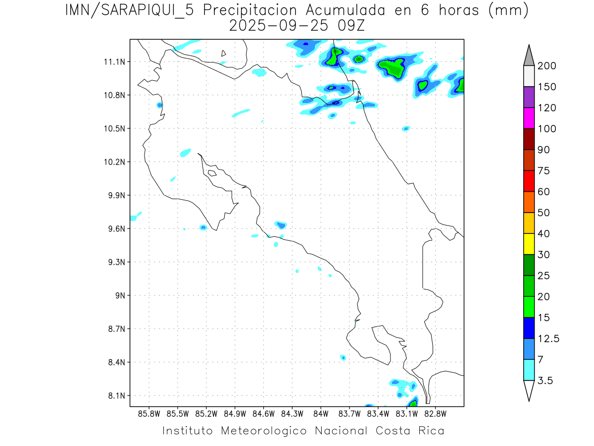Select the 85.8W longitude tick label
tap(149, 413)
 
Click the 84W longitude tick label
tap(321, 413)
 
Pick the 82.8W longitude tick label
tap(435, 413)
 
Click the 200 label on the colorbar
tap(546, 66)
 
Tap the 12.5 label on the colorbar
tap(548, 338)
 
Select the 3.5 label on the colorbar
tap(545, 381)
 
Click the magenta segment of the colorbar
tap(529, 118)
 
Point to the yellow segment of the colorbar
tap(529, 244)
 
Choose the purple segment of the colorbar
tap(529, 97)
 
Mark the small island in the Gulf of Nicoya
tap(212, 173)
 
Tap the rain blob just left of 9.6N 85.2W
tap(202, 227)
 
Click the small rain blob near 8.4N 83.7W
tap(343, 357)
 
